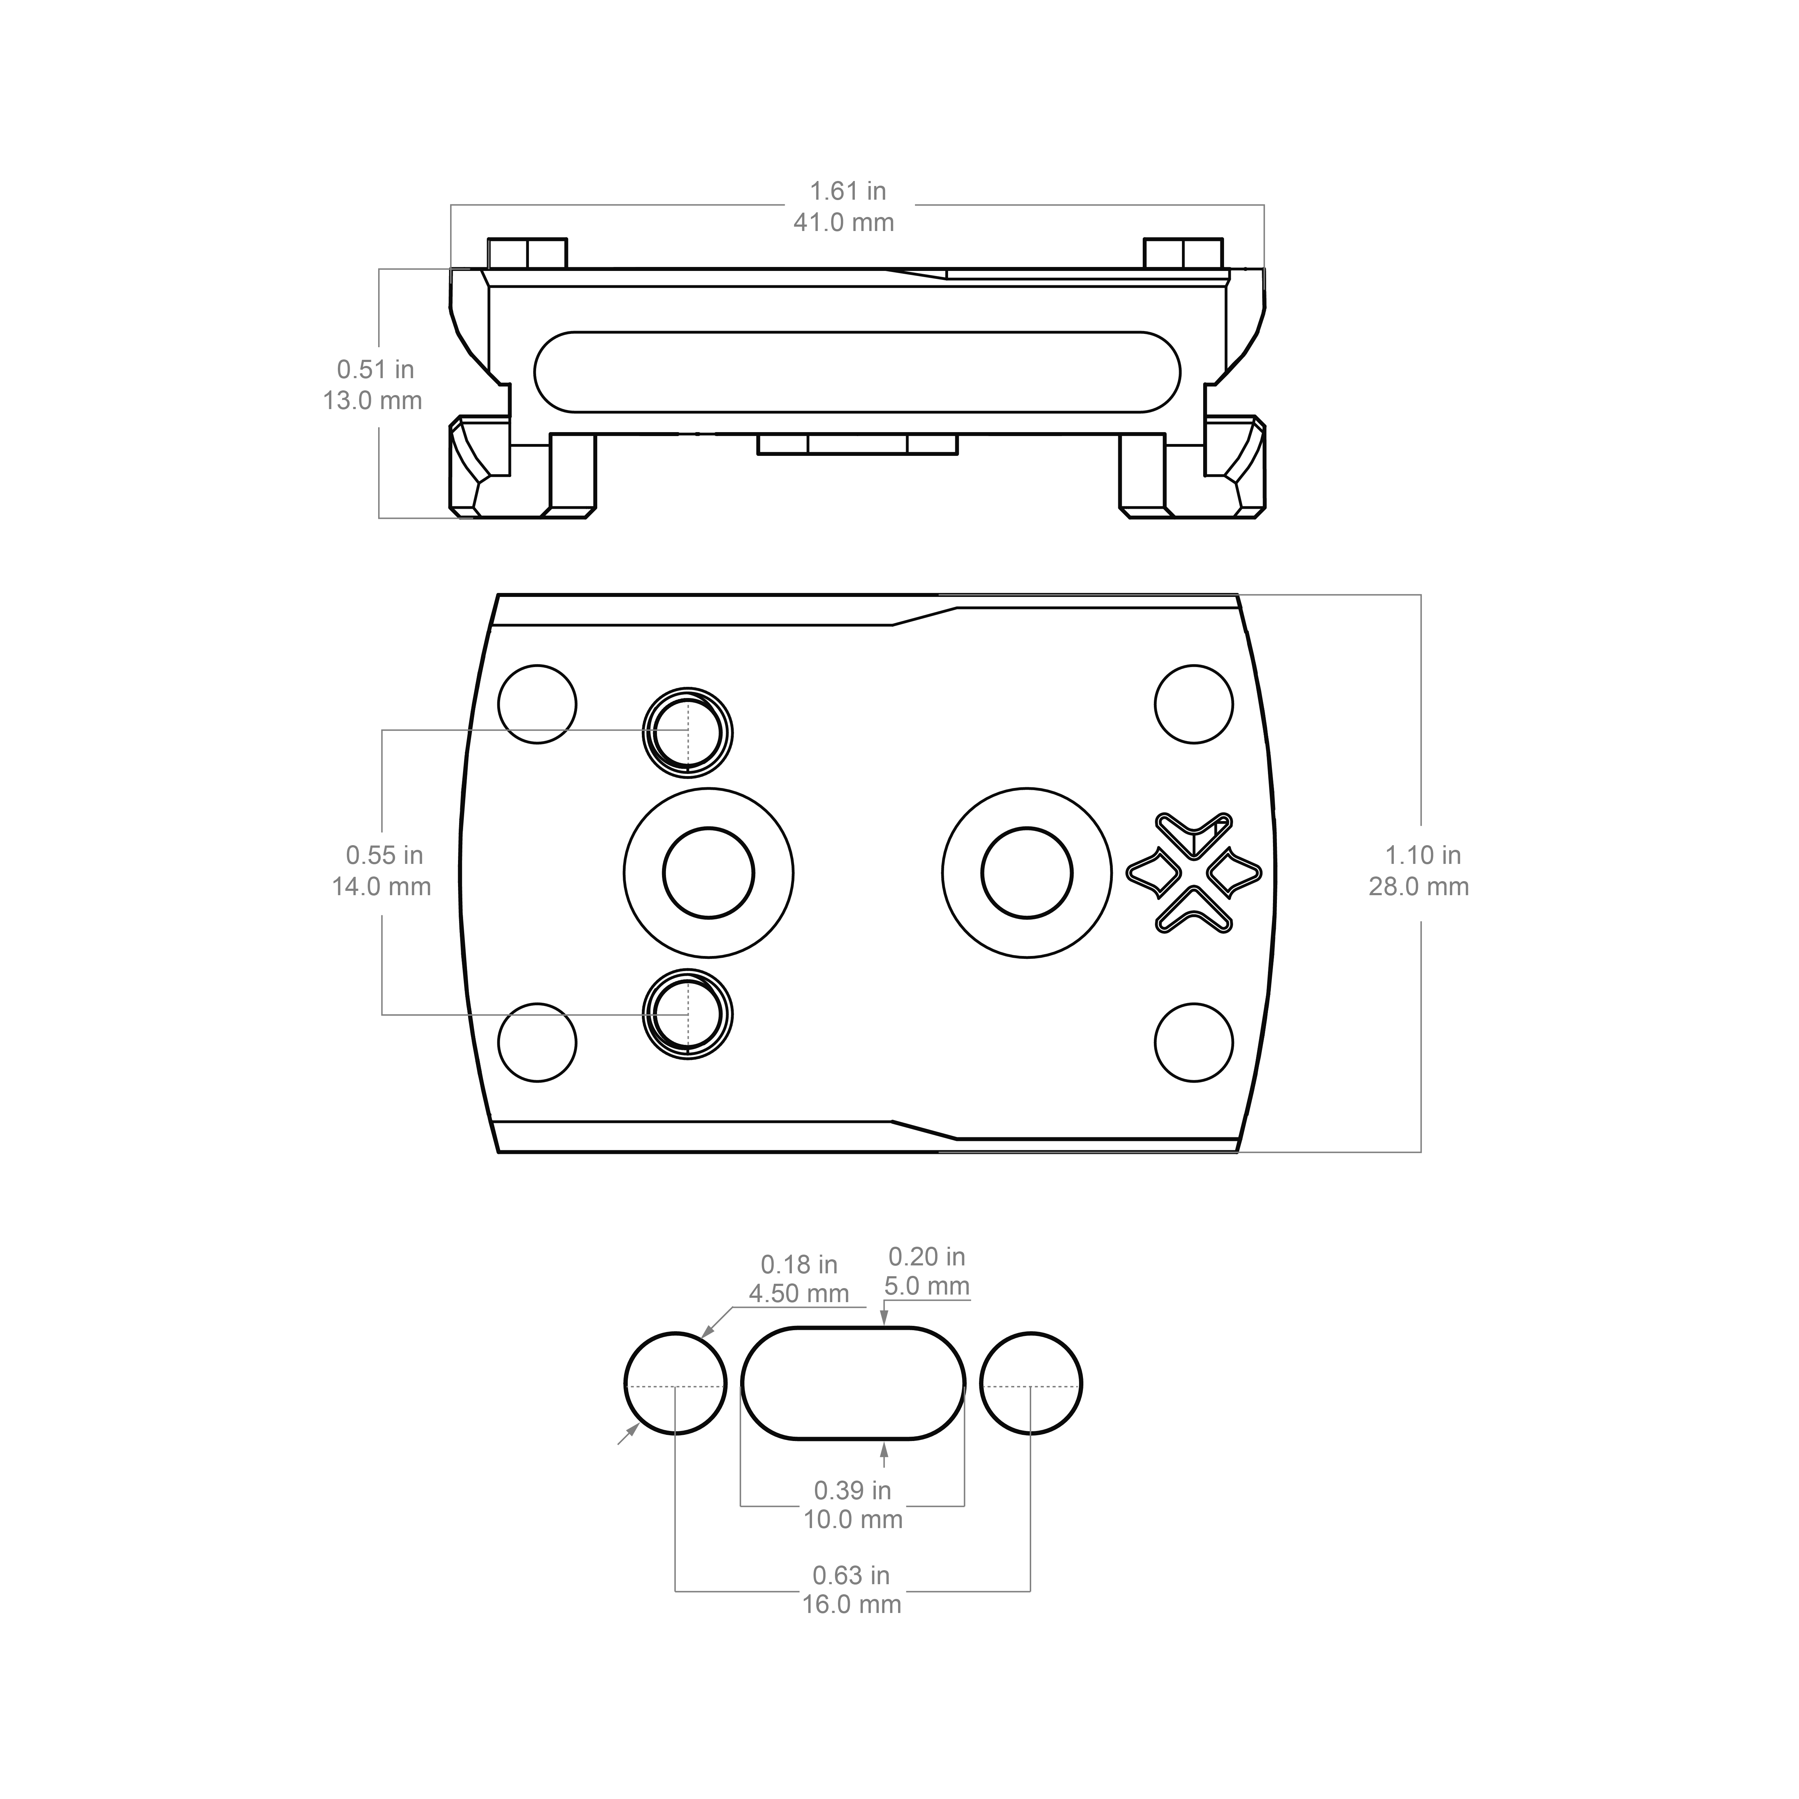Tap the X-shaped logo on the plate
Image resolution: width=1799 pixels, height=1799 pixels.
(x=1194, y=873)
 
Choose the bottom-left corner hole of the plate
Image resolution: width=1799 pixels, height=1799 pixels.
(x=537, y=1043)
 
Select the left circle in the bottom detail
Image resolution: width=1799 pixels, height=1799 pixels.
(x=674, y=1383)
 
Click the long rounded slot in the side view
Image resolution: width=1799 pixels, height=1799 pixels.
(x=857, y=371)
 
